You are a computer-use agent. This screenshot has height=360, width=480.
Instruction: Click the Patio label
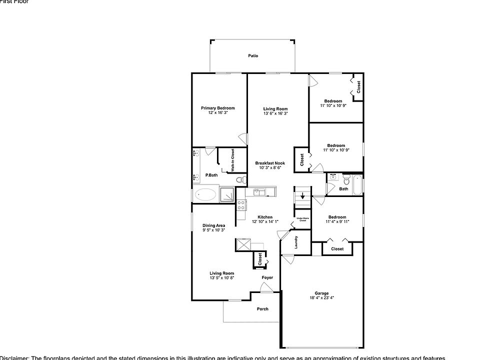(253, 56)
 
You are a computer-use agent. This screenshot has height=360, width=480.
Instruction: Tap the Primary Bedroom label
(217, 108)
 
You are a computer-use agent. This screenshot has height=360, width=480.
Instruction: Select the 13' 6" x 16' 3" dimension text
(275, 113)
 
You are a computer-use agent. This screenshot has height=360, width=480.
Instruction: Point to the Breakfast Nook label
(270, 163)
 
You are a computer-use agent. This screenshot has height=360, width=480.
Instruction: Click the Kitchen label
(265, 217)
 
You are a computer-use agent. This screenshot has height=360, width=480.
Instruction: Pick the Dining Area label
(213, 225)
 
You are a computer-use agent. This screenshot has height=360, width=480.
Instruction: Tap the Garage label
(321, 293)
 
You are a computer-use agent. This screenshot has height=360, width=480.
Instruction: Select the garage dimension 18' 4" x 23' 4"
(321, 298)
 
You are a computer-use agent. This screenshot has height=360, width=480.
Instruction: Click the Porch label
(262, 309)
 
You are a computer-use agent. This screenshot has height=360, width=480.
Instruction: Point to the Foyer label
(267, 277)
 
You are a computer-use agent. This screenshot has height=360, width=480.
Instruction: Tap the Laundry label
(296, 242)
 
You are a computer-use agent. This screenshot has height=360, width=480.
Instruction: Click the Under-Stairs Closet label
(302, 219)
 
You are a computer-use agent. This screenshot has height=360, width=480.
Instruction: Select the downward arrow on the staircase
(302, 195)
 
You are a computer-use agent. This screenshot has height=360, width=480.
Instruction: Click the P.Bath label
(211, 175)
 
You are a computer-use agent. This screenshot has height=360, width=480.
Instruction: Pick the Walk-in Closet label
(232, 160)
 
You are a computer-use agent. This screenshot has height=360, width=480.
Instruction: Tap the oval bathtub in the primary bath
(205, 194)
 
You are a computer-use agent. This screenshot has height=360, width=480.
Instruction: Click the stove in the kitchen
(240, 204)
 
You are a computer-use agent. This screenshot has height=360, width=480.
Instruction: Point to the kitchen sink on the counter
(258, 191)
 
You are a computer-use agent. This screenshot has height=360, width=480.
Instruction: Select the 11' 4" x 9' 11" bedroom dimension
(337, 221)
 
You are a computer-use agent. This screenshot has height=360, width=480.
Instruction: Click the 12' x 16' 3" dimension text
(217, 113)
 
